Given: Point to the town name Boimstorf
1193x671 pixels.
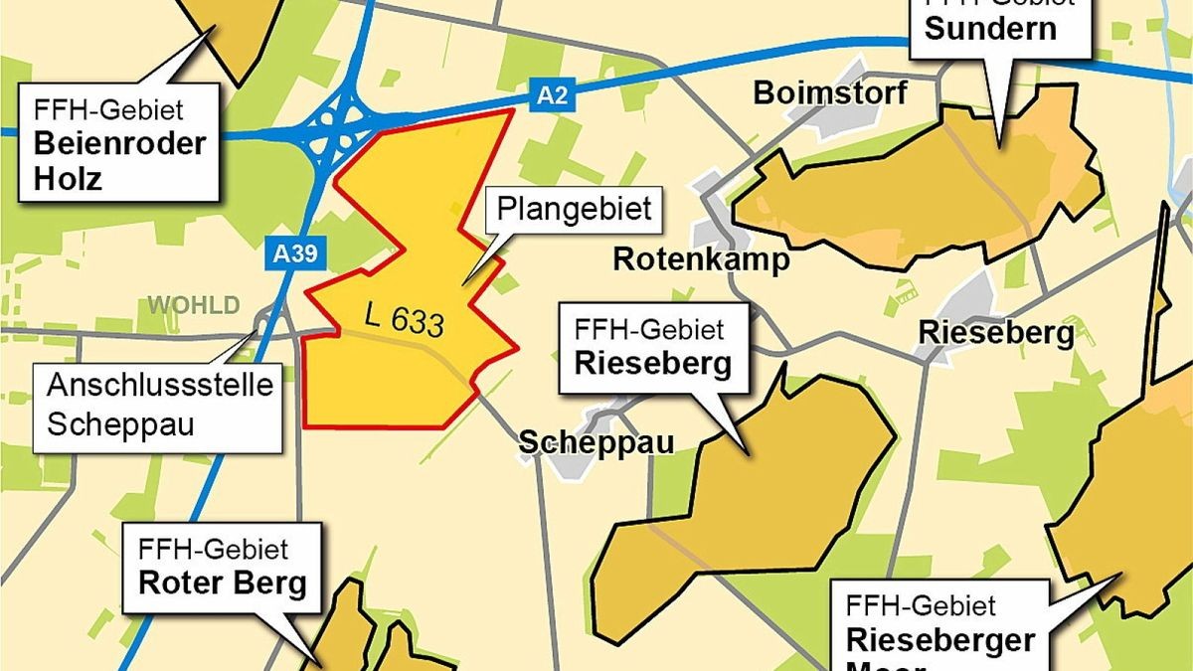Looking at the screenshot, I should pos(830,93).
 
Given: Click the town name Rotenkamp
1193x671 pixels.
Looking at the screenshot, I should pos(701,259).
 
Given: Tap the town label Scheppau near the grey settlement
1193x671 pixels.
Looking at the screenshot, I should pos(596,442).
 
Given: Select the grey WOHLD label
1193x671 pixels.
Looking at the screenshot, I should pos(194,304).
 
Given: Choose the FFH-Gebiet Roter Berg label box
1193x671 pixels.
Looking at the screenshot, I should pos(222,567).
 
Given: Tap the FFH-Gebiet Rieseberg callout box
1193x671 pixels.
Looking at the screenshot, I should pos(652,345).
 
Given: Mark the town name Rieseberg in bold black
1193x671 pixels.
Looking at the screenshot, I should pos(995,332).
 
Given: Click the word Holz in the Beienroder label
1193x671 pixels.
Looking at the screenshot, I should pos(69,178).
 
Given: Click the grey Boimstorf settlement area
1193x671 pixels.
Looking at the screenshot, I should pos(845,80).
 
